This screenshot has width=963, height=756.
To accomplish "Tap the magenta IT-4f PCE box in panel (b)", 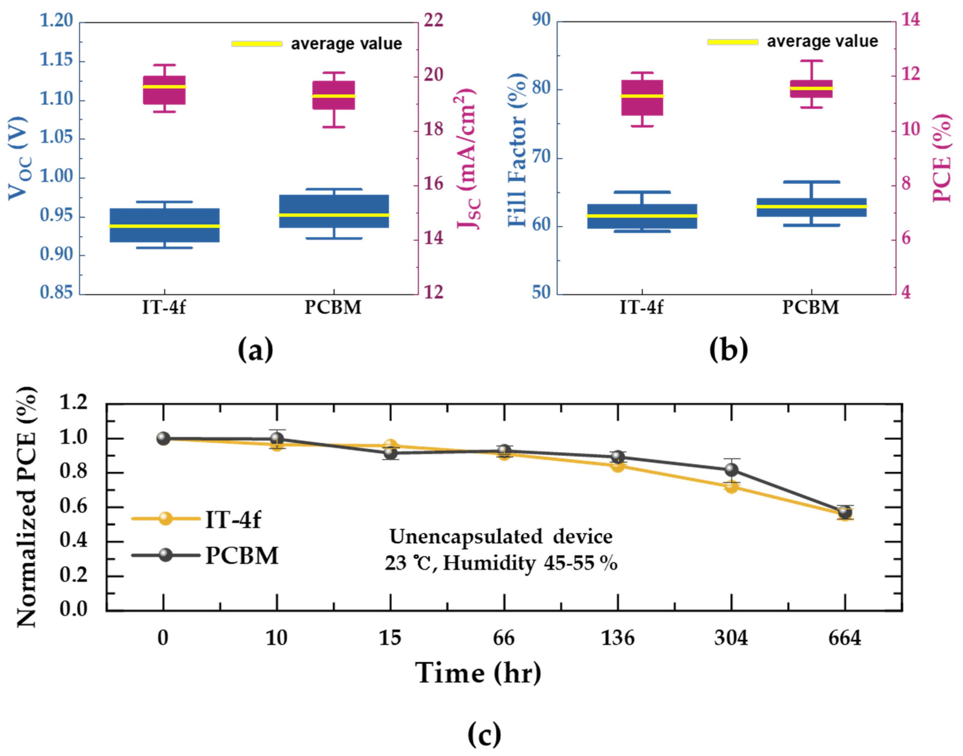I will (x=642, y=97).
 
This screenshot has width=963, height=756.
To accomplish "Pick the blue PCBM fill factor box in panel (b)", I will (x=811, y=207).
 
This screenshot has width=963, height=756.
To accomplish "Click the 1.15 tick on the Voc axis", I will (x=56, y=60).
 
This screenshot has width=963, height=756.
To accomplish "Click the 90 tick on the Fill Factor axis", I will (x=541, y=20).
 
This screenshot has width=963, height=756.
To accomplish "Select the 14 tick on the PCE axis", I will (x=910, y=20).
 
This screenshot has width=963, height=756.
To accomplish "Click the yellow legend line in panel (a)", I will (x=257, y=44).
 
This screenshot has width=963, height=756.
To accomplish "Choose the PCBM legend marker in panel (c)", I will (x=165, y=555).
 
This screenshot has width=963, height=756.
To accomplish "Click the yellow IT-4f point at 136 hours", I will (x=618, y=466).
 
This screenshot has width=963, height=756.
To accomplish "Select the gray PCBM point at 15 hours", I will (x=390, y=452).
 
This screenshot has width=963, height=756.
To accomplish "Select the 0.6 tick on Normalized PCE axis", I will (x=74, y=507).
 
